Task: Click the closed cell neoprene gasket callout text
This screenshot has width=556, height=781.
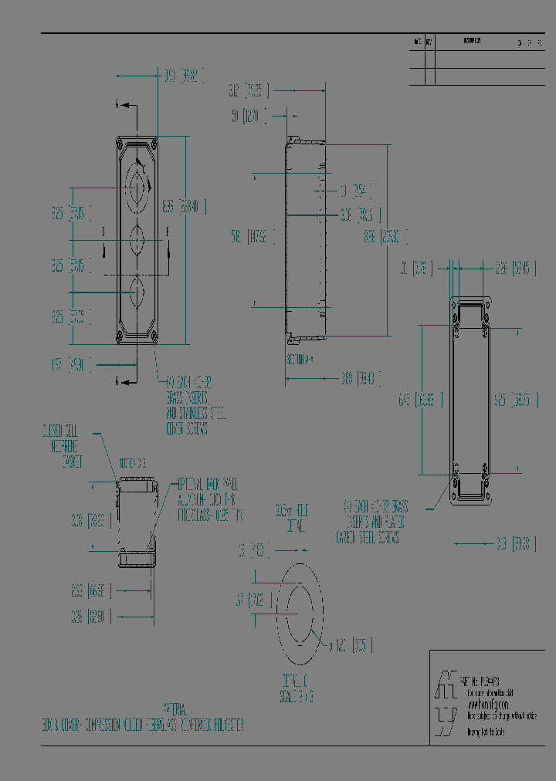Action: click(x=63, y=447)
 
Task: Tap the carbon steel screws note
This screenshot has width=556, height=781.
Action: click(x=374, y=522)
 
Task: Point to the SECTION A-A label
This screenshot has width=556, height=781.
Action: click(x=300, y=359)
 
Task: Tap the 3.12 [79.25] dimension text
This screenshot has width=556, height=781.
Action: click(x=249, y=91)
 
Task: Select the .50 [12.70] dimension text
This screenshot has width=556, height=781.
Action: click(x=249, y=117)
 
